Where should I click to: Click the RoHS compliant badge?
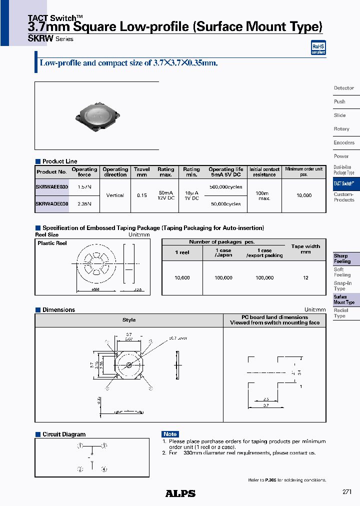pyautogui.click(x=318, y=48)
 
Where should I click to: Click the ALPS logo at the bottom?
pyautogui.click(x=180, y=493)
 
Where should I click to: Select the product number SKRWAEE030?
pyautogui.click(x=51, y=186)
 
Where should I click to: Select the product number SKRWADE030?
pyautogui.click(x=51, y=204)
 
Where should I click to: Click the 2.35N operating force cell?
pyautogui.click(x=84, y=204)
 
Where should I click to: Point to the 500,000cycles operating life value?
pyautogui.click(x=225, y=187)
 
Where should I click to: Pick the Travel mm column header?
pyautogui.click(x=142, y=172)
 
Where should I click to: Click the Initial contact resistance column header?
pyautogui.click(x=264, y=172)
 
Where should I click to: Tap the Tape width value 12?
pyautogui.click(x=305, y=277)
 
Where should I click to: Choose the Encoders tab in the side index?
pyautogui.click(x=344, y=142)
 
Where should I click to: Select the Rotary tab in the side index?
pyautogui.click(x=341, y=129)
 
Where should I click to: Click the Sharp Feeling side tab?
pyautogui.click(x=342, y=258)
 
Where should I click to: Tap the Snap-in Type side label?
pyautogui.click(x=342, y=286)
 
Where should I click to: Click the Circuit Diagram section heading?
pyautogui.click(x=64, y=434)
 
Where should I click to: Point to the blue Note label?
pyautogui.click(x=170, y=434)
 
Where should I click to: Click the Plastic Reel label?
pyautogui.click(x=52, y=243)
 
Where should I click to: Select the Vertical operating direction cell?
pyautogui.click(x=115, y=195)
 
